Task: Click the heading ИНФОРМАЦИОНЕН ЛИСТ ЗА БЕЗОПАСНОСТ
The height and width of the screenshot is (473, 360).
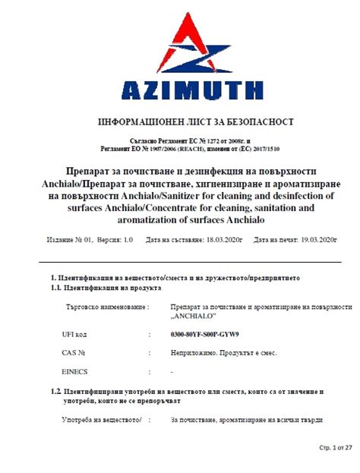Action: [x=196, y=122]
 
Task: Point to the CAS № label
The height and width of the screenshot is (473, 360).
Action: [x=73, y=353]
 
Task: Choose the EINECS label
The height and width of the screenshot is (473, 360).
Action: [x=74, y=372]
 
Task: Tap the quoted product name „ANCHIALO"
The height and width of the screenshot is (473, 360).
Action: [x=194, y=316]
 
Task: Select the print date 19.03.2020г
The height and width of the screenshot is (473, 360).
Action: [x=318, y=240]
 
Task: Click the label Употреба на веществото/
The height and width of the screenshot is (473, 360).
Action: [x=102, y=420]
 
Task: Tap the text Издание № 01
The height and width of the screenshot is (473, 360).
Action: [x=69, y=240]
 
